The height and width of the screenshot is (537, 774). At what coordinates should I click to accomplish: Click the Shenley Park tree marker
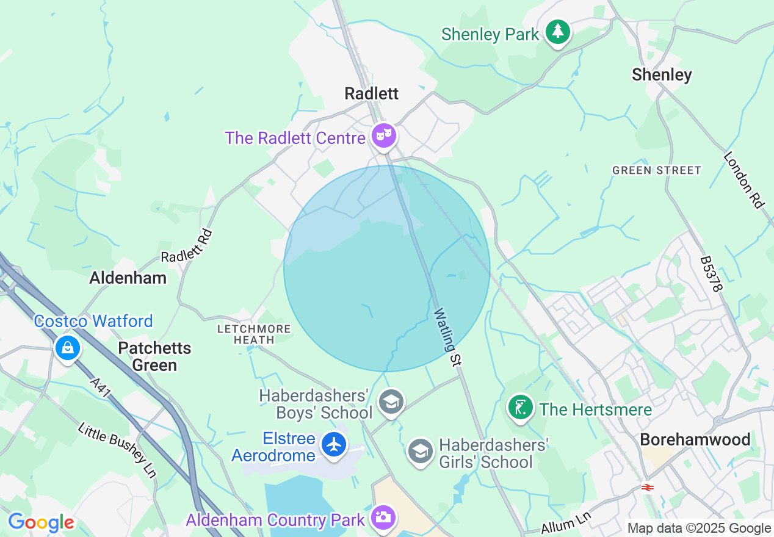click(557, 32)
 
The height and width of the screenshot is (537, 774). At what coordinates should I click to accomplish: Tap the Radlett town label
click(371, 93)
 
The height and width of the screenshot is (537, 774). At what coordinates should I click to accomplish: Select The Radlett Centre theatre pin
click(384, 135)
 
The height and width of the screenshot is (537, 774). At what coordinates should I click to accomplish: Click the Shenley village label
click(662, 74)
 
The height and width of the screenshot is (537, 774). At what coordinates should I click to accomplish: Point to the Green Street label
click(657, 170)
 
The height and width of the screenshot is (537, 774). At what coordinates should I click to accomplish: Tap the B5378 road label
click(711, 273)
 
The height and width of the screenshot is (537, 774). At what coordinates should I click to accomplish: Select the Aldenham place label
click(128, 278)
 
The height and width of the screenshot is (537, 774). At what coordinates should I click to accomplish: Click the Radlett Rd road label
click(186, 246)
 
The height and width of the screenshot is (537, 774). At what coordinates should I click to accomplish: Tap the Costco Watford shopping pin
click(68, 348)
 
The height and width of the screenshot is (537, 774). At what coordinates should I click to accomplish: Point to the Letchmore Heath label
click(255, 334)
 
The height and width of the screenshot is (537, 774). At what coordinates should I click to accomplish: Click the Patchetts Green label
click(154, 356)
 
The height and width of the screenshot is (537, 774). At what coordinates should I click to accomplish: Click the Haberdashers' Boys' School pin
click(391, 402)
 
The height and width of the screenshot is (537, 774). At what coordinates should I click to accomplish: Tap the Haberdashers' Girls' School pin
click(420, 451)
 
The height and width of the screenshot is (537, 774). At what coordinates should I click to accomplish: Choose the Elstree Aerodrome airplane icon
click(333, 444)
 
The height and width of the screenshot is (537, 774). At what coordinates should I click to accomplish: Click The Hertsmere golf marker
click(520, 408)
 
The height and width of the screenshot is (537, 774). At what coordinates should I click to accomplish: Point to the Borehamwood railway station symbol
click(648, 487)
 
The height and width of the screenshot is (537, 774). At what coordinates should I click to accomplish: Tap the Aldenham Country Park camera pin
click(383, 518)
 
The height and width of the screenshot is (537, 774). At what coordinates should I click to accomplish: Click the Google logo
click(41, 522)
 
